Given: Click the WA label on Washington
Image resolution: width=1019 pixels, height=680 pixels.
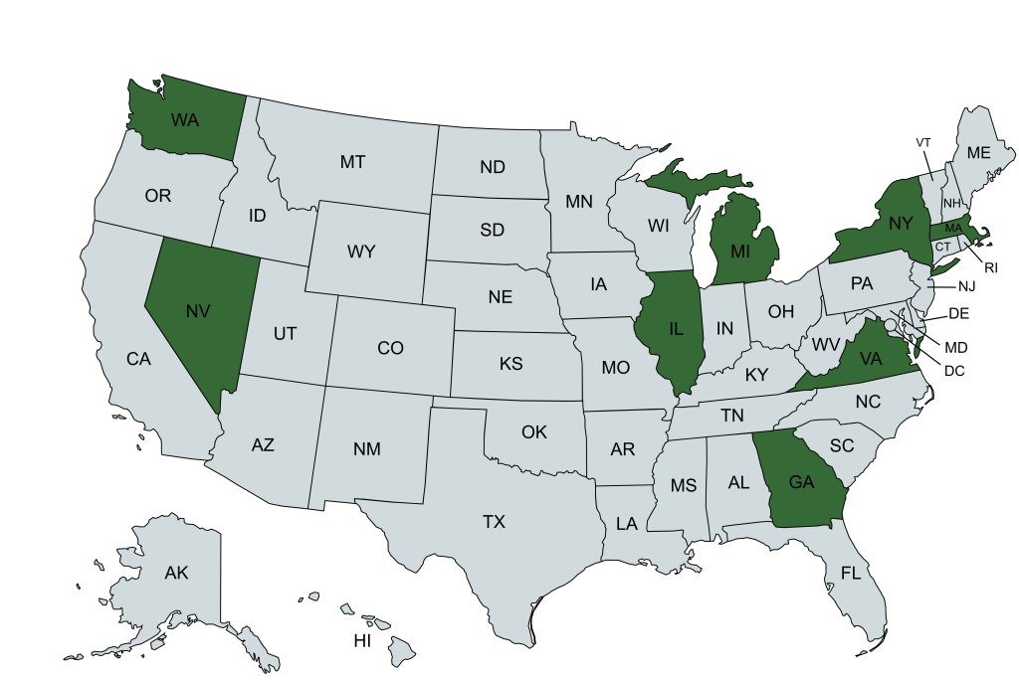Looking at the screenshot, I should [x=185, y=120].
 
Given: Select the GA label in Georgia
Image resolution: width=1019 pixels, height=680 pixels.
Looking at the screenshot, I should [x=802, y=482].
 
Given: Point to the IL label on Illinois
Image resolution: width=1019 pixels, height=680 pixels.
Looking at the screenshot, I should [x=676, y=328].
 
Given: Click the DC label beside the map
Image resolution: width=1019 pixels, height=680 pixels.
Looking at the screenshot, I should [x=954, y=371].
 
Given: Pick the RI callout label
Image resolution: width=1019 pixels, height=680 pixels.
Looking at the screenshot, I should [x=990, y=266].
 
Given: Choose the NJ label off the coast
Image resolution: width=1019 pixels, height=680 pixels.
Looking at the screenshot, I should [x=967, y=286].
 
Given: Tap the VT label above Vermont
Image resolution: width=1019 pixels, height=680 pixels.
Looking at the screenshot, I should [x=923, y=142].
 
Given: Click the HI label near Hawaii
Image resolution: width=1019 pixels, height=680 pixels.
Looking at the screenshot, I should [x=362, y=641].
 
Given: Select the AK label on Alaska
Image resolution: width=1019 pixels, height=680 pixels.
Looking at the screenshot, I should [x=176, y=573].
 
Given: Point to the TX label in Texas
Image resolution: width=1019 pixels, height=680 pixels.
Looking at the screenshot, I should [x=494, y=522].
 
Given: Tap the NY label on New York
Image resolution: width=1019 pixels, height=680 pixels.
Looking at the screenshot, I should [x=900, y=224].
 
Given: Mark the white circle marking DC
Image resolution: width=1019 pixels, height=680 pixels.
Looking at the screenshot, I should [x=891, y=323].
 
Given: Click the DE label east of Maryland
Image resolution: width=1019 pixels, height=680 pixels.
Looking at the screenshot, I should [x=959, y=313].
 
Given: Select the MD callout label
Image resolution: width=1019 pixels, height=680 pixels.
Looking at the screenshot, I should [x=955, y=348].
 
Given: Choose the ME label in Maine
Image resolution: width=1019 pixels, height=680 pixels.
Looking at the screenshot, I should [x=979, y=153].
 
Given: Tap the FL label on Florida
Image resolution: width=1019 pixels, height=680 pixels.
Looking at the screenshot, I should [x=850, y=574].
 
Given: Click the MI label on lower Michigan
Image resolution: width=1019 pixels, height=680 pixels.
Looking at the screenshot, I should [x=738, y=252].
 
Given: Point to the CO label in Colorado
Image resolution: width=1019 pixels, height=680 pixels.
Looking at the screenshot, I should [x=390, y=349].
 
